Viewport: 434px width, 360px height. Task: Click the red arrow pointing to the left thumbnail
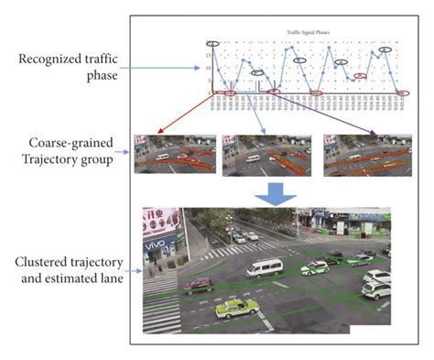189,114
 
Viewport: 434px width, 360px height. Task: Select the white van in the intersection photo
266,267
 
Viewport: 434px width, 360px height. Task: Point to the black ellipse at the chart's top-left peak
213,45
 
